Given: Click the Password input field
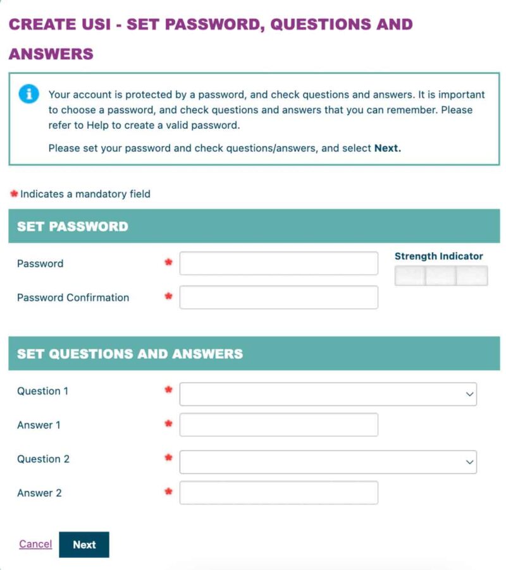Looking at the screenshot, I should click(278, 264).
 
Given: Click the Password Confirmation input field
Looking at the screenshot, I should click(278, 298).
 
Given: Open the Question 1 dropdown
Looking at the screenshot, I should click(328, 394).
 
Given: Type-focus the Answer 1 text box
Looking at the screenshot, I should click(278, 425).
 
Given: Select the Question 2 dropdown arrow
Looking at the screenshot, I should click(469, 462).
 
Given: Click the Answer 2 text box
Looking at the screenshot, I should click(278, 493).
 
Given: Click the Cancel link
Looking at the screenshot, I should click(35, 543).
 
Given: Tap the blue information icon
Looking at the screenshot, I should click(29, 94).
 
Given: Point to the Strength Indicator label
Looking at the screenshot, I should click(438, 257).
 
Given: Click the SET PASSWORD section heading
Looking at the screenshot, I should click(73, 226).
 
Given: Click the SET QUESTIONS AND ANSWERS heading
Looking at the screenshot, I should click(130, 354).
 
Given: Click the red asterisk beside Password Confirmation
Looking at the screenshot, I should click(168, 296).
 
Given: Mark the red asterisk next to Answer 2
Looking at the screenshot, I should click(168, 491).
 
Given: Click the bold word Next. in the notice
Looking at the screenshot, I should click(388, 149).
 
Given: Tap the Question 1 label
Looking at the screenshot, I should click(42, 391).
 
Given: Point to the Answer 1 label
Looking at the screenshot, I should click(39, 425).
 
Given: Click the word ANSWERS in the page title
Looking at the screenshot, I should click(51, 54).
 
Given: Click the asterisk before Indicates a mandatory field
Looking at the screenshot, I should click(14, 193).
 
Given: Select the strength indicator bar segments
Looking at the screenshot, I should click(441, 276).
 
